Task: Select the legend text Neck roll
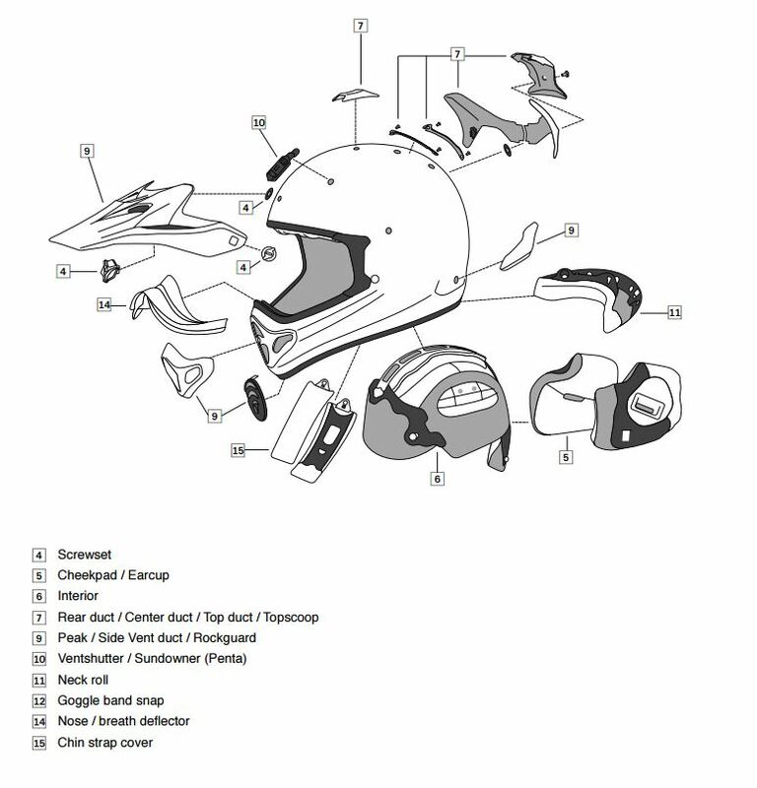[83, 680]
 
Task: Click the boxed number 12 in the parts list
[38, 700]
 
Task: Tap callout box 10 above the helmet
[259, 123]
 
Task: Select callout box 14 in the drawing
[105, 304]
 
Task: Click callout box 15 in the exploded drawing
[238, 450]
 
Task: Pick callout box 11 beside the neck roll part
[675, 312]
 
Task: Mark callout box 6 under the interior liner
[437, 479]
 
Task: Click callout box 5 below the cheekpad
[566, 457]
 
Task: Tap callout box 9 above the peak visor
[88, 151]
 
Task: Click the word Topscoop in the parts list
[281, 617]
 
